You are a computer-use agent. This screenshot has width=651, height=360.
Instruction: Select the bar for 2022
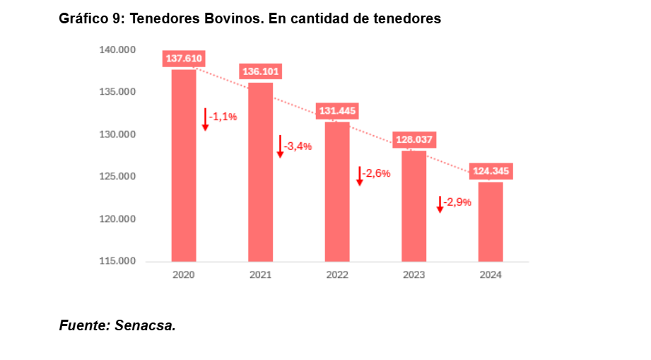click(x=337, y=191)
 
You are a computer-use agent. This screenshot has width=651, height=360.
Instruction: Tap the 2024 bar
click(x=491, y=221)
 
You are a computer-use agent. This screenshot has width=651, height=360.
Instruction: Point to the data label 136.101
click(x=260, y=71)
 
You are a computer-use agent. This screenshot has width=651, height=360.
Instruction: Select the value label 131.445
click(x=337, y=111)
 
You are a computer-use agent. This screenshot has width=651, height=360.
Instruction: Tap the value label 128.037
click(x=414, y=139)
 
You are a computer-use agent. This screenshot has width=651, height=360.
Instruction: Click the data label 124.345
click(x=491, y=171)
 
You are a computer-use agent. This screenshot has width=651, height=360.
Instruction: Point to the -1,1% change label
click(x=223, y=117)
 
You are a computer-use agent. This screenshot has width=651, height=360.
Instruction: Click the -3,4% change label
click(x=298, y=146)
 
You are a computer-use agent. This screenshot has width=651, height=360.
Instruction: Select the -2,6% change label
click(x=376, y=173)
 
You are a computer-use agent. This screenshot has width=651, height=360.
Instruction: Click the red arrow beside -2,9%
click(x=440, y=204)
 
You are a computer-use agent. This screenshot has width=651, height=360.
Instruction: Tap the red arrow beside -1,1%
click(x=205, y=119)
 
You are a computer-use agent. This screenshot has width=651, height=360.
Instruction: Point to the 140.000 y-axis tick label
click(x=117, y=50)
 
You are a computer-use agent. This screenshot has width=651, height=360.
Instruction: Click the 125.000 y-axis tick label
click(x=117, y=176)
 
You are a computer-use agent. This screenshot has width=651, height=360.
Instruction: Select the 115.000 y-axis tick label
click(x=117, y=261)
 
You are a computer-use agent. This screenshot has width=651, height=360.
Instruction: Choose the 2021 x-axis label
click(x=260, y=275)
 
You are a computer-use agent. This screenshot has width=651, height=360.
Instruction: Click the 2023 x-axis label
click(x=414, y=275)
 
